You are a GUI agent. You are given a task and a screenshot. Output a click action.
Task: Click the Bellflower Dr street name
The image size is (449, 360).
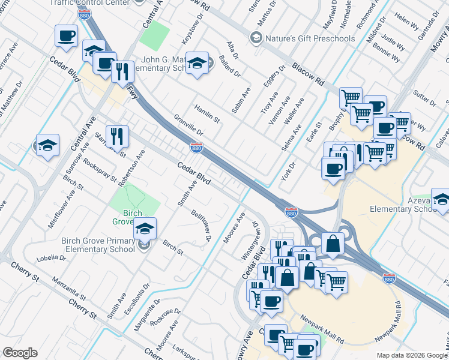[x=202, y=225]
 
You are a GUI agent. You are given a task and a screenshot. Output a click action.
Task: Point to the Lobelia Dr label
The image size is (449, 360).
[x=50, y=258]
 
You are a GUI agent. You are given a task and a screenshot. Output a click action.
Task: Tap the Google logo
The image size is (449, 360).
[x=20, y=353]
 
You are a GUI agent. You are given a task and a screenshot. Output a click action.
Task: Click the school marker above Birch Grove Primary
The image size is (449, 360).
[x=145, y=228]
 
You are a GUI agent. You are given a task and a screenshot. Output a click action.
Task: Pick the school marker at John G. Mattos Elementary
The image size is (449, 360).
[x=196, y=64]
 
